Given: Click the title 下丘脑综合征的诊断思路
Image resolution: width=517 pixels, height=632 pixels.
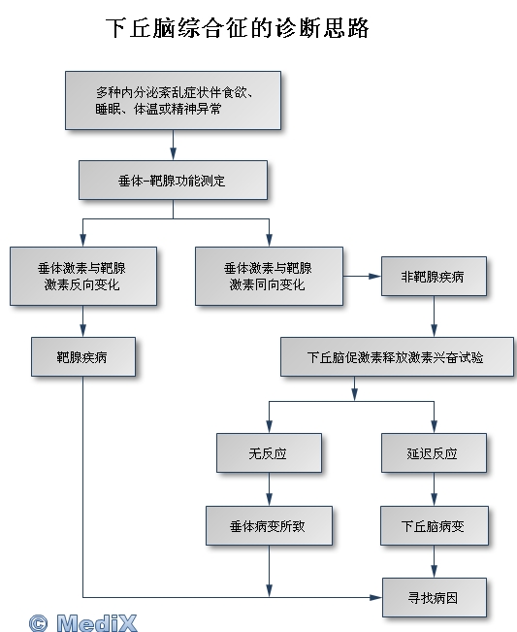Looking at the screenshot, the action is point(238,28).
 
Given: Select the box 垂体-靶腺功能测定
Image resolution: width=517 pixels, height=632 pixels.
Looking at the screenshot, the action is point(173,181).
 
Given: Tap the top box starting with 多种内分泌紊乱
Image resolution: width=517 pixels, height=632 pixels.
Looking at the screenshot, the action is point(173,101).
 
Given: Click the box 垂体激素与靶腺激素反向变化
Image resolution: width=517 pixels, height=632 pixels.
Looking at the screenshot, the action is point(83,276).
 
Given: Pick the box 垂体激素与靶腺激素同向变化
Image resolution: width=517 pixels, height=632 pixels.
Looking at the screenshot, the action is point(269,276).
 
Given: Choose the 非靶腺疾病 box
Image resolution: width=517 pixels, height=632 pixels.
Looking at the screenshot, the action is point(434,276).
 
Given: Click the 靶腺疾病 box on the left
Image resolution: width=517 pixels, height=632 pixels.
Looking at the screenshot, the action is point(83,357).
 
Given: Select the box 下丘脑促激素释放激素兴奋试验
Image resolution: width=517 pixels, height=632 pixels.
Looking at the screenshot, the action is point(397,357).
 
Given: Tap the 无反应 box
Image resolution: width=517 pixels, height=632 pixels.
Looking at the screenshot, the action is point(269,453).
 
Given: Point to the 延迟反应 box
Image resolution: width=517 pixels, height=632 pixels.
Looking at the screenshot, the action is point(434,453).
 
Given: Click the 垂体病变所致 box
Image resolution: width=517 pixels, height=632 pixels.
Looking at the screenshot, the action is point(269,525).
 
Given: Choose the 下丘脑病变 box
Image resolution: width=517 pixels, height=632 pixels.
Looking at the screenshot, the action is point(435,525).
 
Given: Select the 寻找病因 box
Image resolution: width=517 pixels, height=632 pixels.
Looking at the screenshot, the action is point(435,597).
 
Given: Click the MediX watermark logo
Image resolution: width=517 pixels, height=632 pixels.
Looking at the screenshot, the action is point(97,623).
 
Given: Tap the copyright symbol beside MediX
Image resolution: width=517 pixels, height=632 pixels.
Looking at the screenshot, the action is point(38,623).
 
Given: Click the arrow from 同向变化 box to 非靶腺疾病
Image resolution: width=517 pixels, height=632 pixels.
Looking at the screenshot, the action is point(363,276).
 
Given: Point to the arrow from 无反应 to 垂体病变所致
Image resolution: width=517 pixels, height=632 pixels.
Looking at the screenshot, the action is point(269,489).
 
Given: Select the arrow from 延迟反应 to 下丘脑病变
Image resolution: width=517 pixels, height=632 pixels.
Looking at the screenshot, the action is point(434,489).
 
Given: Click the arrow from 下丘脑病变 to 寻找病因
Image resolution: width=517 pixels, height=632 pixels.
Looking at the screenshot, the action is point(434,561).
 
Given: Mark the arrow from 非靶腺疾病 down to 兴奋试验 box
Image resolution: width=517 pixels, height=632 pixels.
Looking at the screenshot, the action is point(434,316).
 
